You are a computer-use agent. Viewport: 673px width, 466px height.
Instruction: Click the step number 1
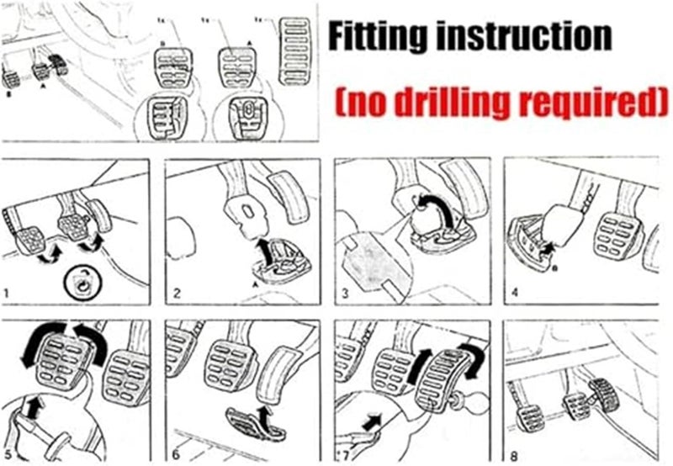point(6,294)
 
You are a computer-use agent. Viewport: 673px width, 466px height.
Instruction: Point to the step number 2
point(177,294)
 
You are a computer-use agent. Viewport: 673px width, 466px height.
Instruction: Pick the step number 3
point(345,294)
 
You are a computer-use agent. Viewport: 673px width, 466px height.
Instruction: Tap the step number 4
point(515,293)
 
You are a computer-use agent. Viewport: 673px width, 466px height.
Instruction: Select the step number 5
point(8,455)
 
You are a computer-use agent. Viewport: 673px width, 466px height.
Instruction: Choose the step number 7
point(347,454)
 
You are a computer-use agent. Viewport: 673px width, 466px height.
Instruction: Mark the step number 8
point(514,455)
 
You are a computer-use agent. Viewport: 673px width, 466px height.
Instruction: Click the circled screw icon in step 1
point(82,283)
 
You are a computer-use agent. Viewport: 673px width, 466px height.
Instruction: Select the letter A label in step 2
point(257,284)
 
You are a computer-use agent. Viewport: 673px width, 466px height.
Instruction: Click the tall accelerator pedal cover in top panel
point(294,51)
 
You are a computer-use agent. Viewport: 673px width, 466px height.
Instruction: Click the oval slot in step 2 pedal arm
point(248,213)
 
